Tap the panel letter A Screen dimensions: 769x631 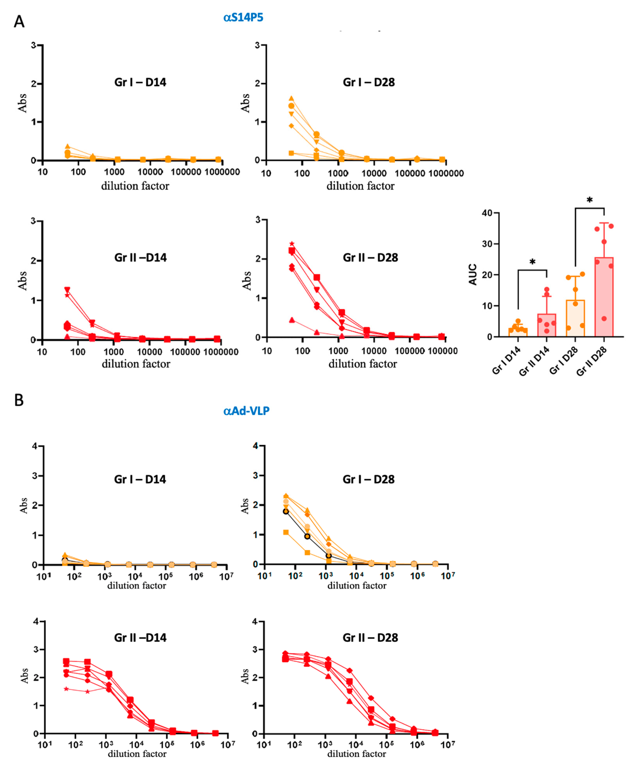click(x=19, y=22)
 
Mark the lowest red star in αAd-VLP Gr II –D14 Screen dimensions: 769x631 click(x=66, y=689)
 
